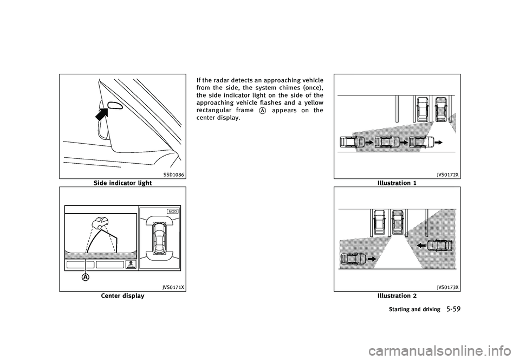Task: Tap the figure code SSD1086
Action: pyautogui.click(x=174, y=175)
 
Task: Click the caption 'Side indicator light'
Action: pyautogui.click(x=123, y=183)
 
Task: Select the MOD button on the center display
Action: pyautogui.click(x=173, y=211)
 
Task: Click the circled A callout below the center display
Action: pyautogui.click(x=86, y=277)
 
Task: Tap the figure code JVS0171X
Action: pyautogui.click(x=173, y=287)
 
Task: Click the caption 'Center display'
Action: pyautogui.click(x=123, y=295)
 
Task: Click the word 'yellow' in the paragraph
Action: pyautogui.click(x=314, y=103)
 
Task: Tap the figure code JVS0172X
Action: pyautogui.click(x=448, y=175)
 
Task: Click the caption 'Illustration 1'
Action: pyautogui.click(x=397, y=183)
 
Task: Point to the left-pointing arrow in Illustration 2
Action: pyautogui.click(x=421, y=246)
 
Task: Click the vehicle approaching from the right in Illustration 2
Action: pyautogui.click(x=439, y=246)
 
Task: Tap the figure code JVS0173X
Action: pyautogui.click(x=448, y=287)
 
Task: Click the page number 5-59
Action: pyautogui.click(x=453, y=309)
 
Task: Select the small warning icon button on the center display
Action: pyautogui.click(x=131, y=265)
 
